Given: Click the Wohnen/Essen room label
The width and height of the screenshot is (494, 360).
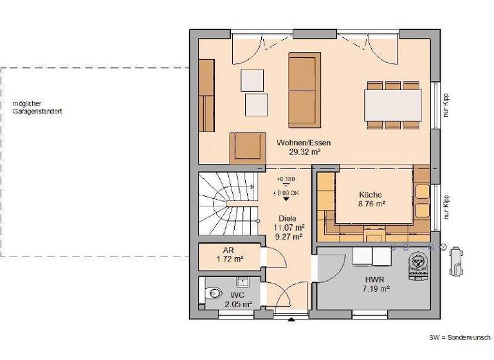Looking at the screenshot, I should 303,143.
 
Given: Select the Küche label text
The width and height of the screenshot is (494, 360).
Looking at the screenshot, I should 370,195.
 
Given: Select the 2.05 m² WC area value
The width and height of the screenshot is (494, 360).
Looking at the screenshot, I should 237,304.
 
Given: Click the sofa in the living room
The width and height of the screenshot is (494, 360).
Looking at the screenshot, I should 304,90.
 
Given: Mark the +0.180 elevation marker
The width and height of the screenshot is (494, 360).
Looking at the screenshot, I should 286,179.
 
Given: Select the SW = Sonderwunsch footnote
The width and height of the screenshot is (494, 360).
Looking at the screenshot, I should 459,337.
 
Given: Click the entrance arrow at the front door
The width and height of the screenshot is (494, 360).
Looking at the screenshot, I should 291,319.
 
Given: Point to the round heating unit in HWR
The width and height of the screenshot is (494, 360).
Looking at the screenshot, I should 419,263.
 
